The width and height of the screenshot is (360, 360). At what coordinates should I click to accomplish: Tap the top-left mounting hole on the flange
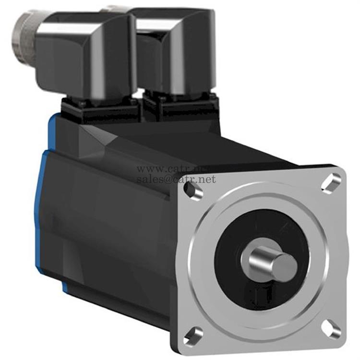click(x=193, y=190)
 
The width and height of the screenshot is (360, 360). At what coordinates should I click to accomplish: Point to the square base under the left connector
click(x=101, y=108)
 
